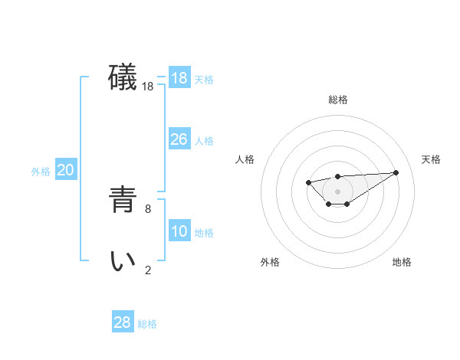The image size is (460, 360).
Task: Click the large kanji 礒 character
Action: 123,78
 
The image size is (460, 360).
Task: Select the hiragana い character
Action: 123,261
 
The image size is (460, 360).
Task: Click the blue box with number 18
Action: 179,78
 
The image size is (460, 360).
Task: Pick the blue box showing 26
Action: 179,139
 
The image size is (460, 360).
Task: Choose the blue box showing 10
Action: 179,231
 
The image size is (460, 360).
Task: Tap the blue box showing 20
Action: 65,170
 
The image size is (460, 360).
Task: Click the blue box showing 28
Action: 123,322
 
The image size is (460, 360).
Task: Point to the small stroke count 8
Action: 148,208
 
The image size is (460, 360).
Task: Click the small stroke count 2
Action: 148,269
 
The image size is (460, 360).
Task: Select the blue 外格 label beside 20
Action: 41,172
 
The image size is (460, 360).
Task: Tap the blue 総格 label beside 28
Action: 147,324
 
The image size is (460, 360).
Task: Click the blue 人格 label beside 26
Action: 204,141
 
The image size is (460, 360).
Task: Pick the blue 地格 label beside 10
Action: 204,233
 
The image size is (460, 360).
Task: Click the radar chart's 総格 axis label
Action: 337,100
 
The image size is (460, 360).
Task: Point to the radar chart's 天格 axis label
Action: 431,159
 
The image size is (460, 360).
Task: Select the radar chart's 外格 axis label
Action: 270,262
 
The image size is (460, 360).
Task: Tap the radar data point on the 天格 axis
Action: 396,172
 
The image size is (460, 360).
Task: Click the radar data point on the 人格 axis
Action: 308,182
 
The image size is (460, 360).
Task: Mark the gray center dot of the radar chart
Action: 337,191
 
